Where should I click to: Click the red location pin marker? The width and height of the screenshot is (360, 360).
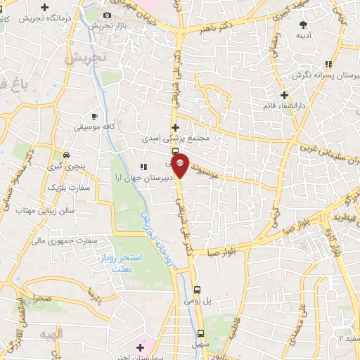(180, 165)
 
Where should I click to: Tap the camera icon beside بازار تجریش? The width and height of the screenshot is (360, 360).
(107, 15)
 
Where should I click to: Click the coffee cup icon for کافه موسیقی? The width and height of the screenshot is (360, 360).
(95, 116)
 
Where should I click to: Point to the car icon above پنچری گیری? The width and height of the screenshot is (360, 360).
(65, 155)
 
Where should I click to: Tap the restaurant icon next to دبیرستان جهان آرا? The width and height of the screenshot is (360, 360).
(143, 167)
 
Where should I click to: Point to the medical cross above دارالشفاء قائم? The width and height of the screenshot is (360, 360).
(284, 95)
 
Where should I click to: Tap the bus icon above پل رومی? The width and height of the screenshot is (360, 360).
(198, 289)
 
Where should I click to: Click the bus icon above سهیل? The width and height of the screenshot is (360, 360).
(200, 334)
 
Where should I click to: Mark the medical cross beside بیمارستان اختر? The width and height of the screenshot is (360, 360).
(141, 347)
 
